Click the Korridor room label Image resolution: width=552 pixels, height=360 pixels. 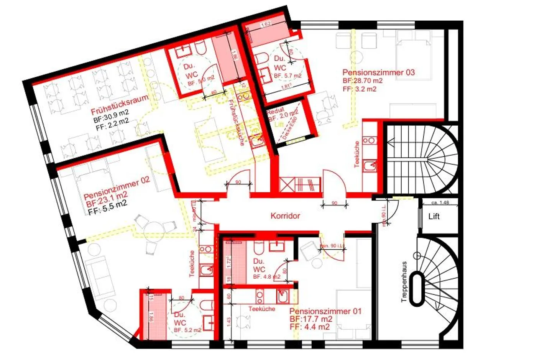tap(285, 216)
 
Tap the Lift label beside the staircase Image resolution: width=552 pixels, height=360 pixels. tap(434, 217)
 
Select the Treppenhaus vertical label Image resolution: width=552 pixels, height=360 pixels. tap(404, 282)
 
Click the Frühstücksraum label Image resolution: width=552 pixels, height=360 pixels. tap(119, 104)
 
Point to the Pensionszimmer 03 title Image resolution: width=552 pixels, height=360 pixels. tap(378, 72)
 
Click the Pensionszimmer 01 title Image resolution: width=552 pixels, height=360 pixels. tap(325, 311)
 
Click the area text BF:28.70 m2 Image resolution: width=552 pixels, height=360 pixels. tap(362, 81)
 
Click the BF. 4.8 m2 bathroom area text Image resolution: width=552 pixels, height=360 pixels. tap(266, 276)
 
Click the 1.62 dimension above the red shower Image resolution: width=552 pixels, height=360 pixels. tap(266, 24)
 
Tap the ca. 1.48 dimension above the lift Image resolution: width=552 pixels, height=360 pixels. tap(440, 202)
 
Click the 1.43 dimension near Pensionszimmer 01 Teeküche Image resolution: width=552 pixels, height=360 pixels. tap(229, 321)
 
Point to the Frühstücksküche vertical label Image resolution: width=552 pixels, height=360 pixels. tap(236, 122)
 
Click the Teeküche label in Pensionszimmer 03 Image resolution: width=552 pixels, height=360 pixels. tap(357, 154)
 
